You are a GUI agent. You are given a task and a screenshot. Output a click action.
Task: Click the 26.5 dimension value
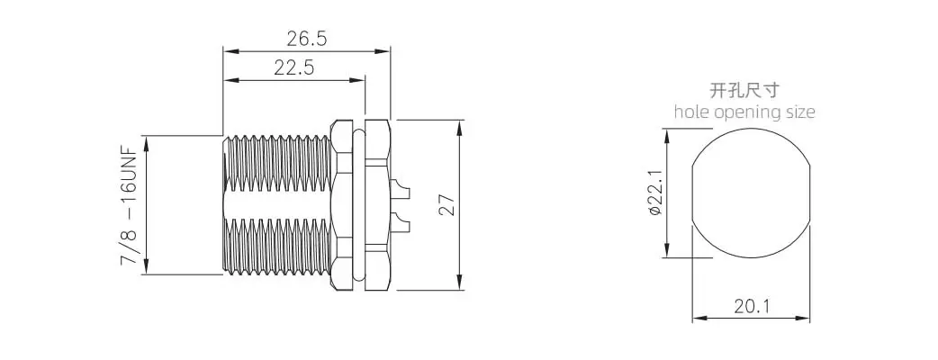[x=306, y=38]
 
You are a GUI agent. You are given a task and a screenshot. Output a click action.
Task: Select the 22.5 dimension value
[x=293, y=67]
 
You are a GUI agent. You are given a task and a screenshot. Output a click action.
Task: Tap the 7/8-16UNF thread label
[x=130, y=206]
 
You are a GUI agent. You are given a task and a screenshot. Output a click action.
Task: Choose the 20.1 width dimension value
[x=751, y=306]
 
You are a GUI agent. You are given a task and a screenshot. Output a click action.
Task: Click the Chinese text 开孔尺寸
[x=744, y=90]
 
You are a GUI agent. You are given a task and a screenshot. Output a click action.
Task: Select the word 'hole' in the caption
[x=691, y=112]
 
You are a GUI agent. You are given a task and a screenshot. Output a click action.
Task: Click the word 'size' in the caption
[x=800, y=112]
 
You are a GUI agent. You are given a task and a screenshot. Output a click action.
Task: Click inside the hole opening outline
[x=751, y=193]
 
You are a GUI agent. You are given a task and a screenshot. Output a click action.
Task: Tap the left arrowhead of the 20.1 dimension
[x=697, y=318]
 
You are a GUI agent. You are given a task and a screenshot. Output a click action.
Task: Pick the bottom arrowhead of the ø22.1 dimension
[x=666, y=252]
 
